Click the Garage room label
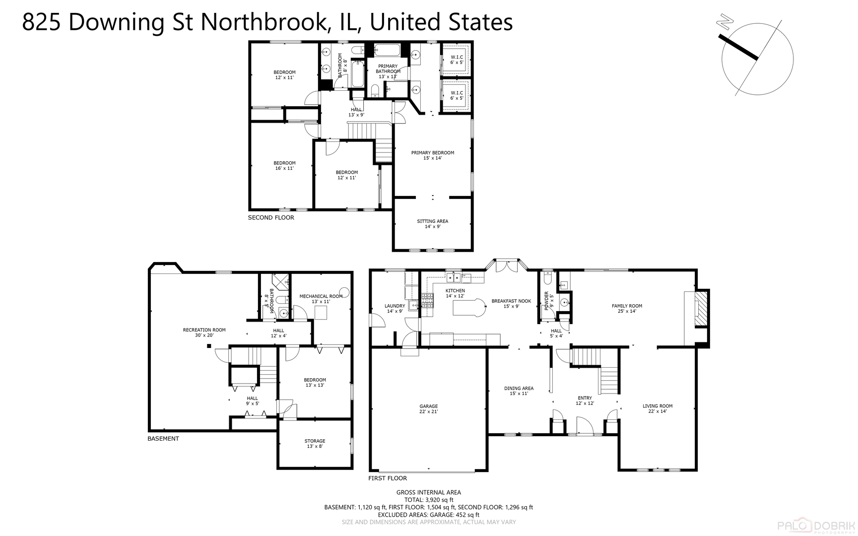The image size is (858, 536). coord(428,409)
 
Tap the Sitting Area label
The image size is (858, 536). coord(432,224)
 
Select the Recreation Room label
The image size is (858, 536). coord(204,333)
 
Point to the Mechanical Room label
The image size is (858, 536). coord(321,299)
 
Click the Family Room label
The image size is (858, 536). coord(627,309)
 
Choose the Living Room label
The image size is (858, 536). coord(658,408)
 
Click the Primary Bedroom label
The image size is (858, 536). coord(432,155)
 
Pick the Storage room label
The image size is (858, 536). coord(315,444)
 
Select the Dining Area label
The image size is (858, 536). coord(519,391)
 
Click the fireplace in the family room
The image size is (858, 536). coord(700,309)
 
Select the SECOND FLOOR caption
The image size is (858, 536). coord(271,217)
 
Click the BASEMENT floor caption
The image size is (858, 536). coord(163,439)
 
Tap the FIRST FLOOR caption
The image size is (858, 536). coord(388,478)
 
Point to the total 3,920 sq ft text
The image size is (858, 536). coord(428,500)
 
